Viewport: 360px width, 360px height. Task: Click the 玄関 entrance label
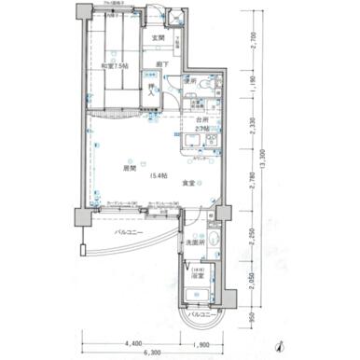158,38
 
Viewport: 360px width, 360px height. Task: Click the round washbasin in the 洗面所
215,245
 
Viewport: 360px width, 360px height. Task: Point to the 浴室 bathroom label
198,276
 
